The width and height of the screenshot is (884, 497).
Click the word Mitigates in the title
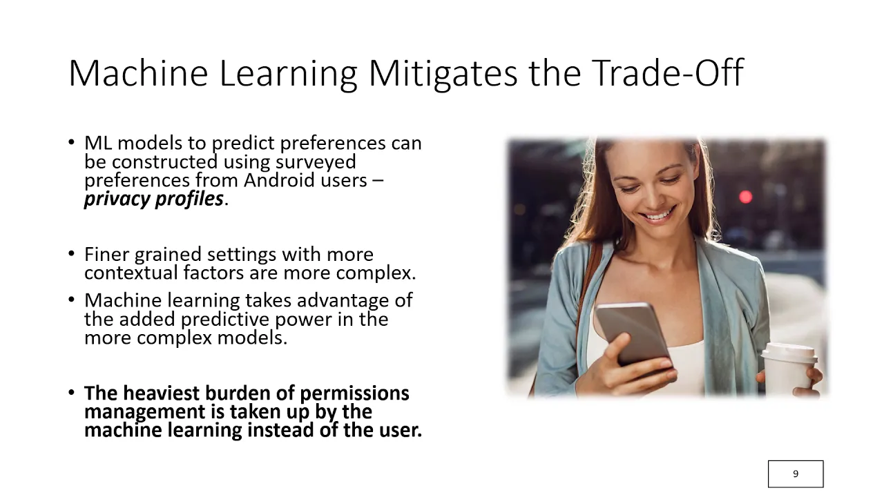click(x=443, y=74)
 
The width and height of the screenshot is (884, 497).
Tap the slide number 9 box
click(x=796, y=474)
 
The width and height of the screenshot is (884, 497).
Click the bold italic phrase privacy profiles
click(x=154, y=199)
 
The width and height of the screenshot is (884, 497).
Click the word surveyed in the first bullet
click(x=316, y=162)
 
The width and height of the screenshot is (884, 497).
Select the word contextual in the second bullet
click(x=131, y=273)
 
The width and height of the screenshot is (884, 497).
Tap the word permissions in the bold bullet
click(x=354, y=393)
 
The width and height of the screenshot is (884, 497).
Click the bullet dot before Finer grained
click(x=71, y=253)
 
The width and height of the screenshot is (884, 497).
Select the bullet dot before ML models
click(x=71, y=142)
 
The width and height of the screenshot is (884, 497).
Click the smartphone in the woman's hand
click(x=634, y=336)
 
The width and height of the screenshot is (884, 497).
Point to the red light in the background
click(x=745, y=197)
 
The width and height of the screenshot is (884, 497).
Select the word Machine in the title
click(x=138, y=73)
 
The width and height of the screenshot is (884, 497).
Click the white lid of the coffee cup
click(x=789, y=352)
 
